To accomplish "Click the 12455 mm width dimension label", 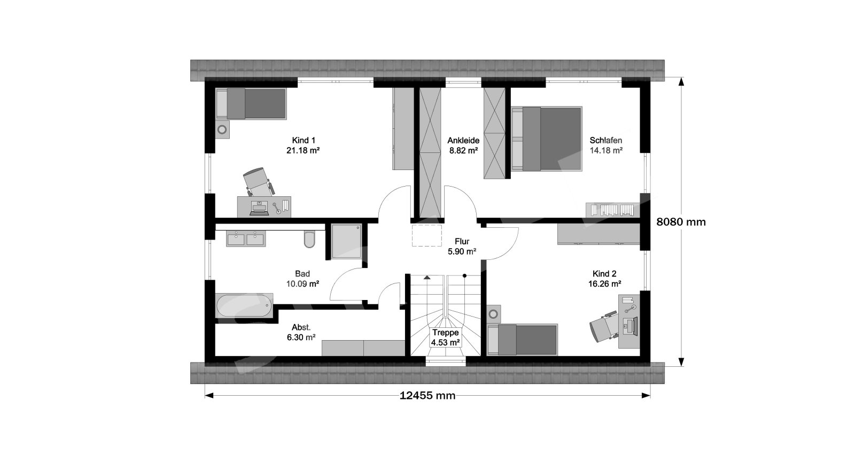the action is coord(428,396).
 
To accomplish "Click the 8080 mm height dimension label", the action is coord(681,222).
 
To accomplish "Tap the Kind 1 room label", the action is coord(304,140).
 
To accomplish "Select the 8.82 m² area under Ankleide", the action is coord(463,150).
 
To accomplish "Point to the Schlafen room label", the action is coord(606,140).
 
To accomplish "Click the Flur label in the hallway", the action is coord(462,241).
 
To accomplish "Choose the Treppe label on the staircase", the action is coord(445,333).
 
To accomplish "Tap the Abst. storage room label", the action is coord(301,327).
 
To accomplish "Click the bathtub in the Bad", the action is coord(244,305).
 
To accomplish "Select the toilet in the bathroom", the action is coord(309,240).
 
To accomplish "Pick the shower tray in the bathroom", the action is coord(346,241).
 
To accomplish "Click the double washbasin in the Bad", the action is coord(245,238).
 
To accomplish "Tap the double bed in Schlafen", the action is coord(547,138).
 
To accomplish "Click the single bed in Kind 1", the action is coord(251,104).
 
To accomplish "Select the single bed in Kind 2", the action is coord(523,340).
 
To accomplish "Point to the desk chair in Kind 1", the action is coord(258,182).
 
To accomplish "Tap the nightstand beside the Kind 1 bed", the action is coord(222,130).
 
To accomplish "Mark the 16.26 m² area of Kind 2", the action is coord(604,284).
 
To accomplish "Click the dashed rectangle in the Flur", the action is coord(427,236).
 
